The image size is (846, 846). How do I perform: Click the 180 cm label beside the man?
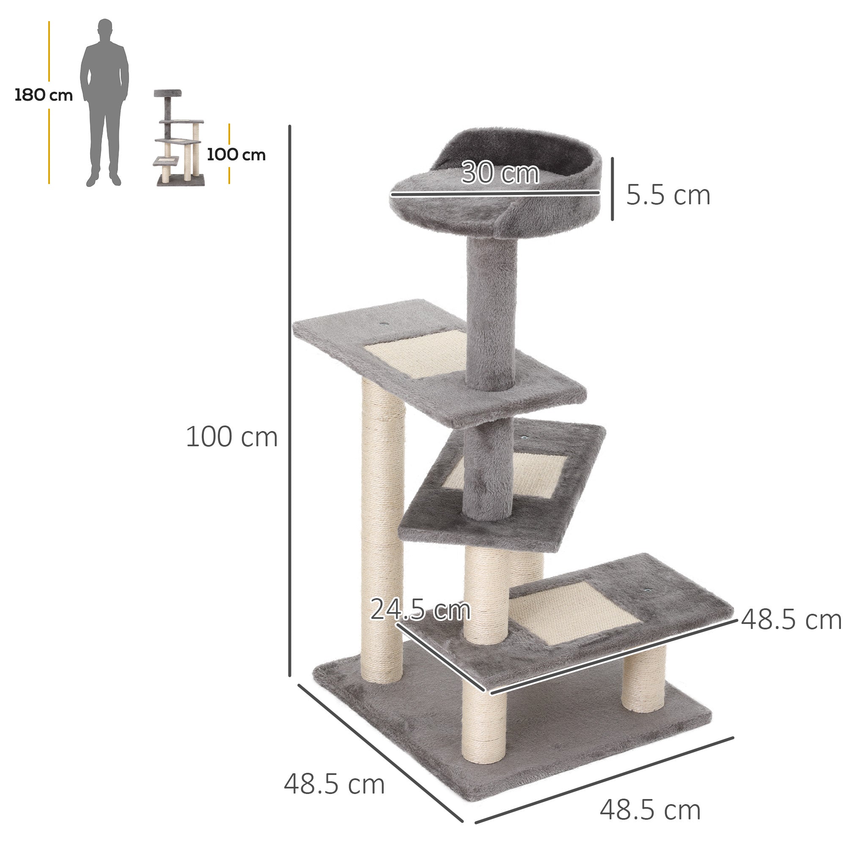click(43, 95)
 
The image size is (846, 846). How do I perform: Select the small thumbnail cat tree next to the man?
click(179, 138)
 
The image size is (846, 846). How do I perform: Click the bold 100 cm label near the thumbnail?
click(236, 154)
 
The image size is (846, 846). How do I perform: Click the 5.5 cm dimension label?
click(667, 195)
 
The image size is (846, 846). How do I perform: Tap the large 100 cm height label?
click(232, 437)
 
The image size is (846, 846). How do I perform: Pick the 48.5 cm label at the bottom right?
click(650, 810)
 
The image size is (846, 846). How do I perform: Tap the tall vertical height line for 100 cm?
click(289, 394)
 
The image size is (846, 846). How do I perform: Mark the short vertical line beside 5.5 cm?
click(612, 189)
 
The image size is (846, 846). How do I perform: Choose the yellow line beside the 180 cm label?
click(49, 52)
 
